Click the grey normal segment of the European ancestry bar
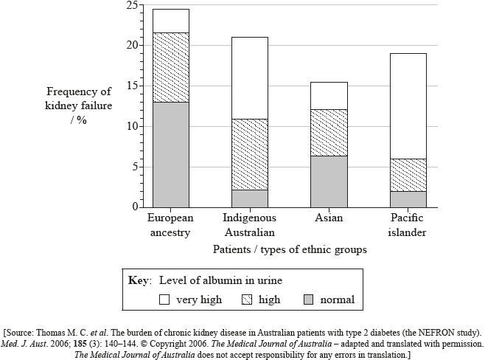[x=170, y=154]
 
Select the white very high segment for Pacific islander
[x=407, y=105]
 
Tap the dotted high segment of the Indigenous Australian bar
[x=249, y=153]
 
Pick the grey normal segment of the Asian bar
[x=328, y=181]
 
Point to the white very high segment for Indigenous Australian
[x=249, y=77]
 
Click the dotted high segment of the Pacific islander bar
[x=407, y=175]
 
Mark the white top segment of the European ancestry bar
[x=170, y=21]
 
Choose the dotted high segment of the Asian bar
[x=328, y=132]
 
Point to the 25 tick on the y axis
[x=130, y=5]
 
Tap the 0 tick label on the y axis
[x=133, y=207]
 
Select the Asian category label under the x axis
[x=328, y=218]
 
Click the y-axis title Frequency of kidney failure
[x=79, y=106]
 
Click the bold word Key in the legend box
[x=139, y=281]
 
